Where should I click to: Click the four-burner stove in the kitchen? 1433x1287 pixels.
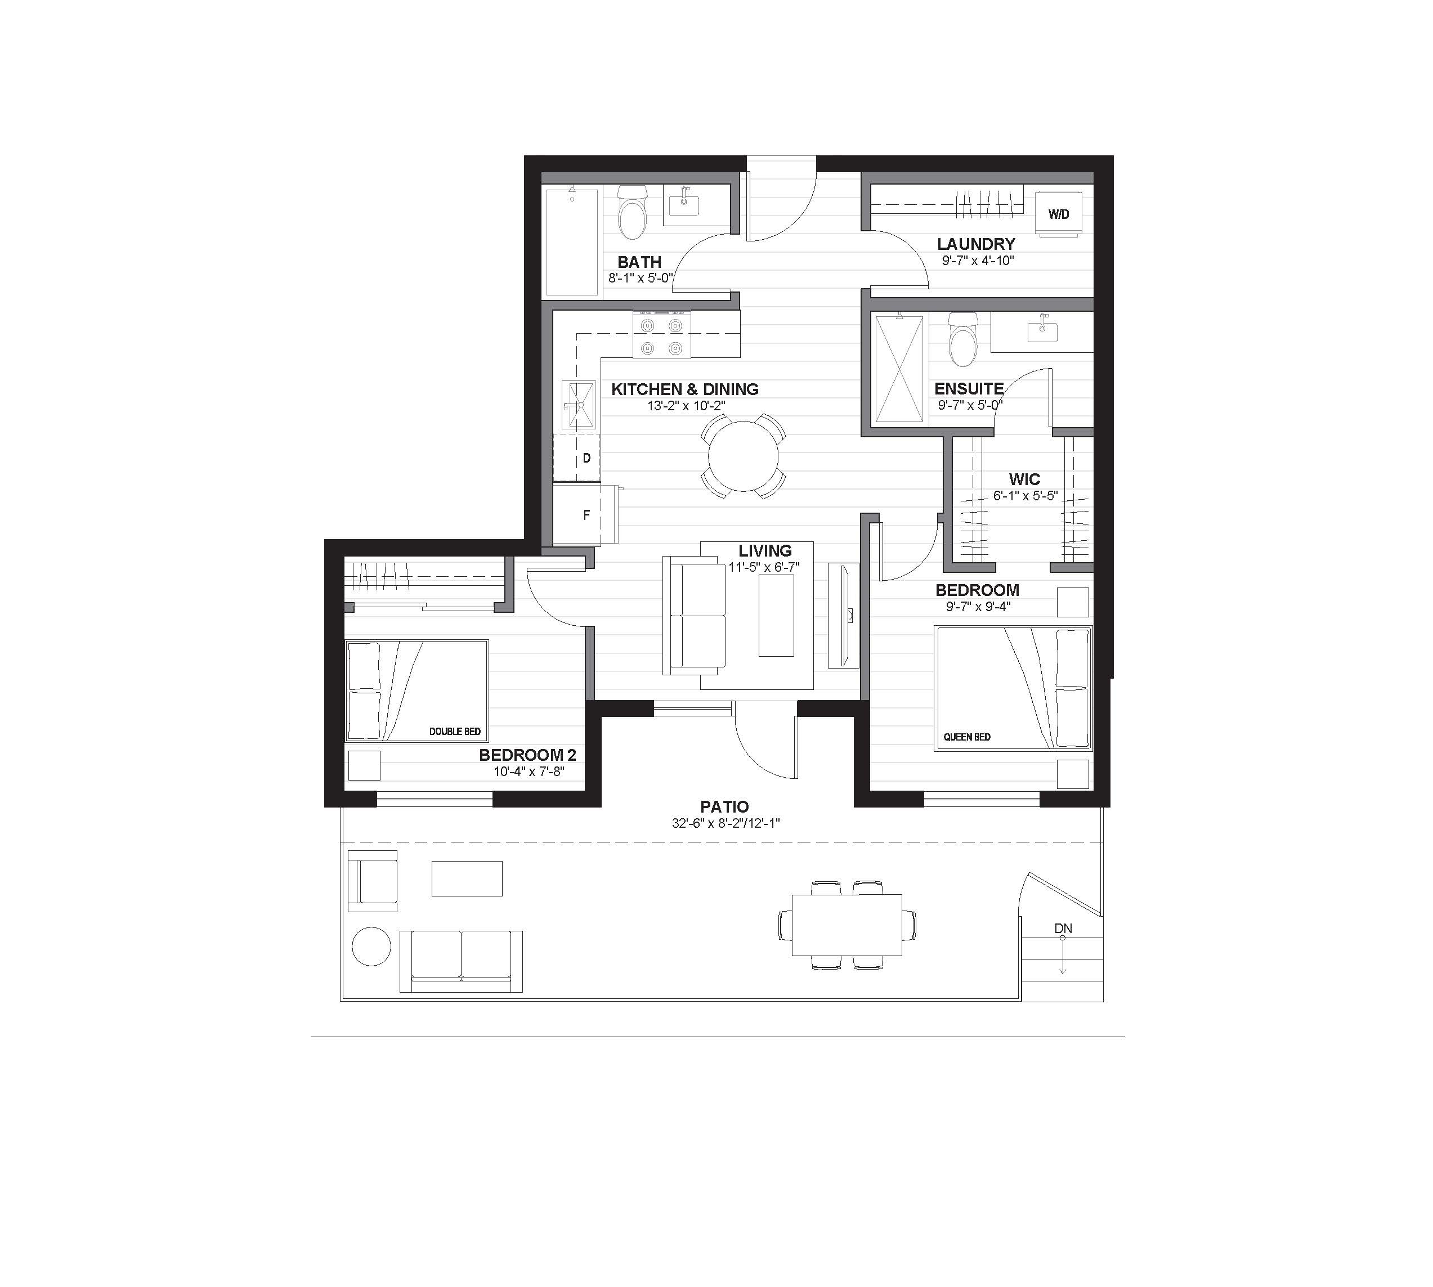661,335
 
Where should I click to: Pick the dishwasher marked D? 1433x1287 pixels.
576,458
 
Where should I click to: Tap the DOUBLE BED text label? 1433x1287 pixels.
455,731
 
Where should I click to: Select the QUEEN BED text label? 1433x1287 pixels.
967,737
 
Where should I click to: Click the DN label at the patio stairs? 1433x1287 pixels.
1063,929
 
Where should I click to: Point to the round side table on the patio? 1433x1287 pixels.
371,946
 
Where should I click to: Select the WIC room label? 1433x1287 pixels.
1024,479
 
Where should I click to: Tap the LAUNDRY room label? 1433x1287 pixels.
976,244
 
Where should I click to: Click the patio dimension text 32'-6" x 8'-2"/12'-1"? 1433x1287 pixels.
725,823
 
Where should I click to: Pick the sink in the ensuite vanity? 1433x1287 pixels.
1042,330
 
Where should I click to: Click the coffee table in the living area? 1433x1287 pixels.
776,615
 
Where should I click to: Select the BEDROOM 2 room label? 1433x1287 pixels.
527,755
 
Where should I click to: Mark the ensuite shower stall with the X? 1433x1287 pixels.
899,370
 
